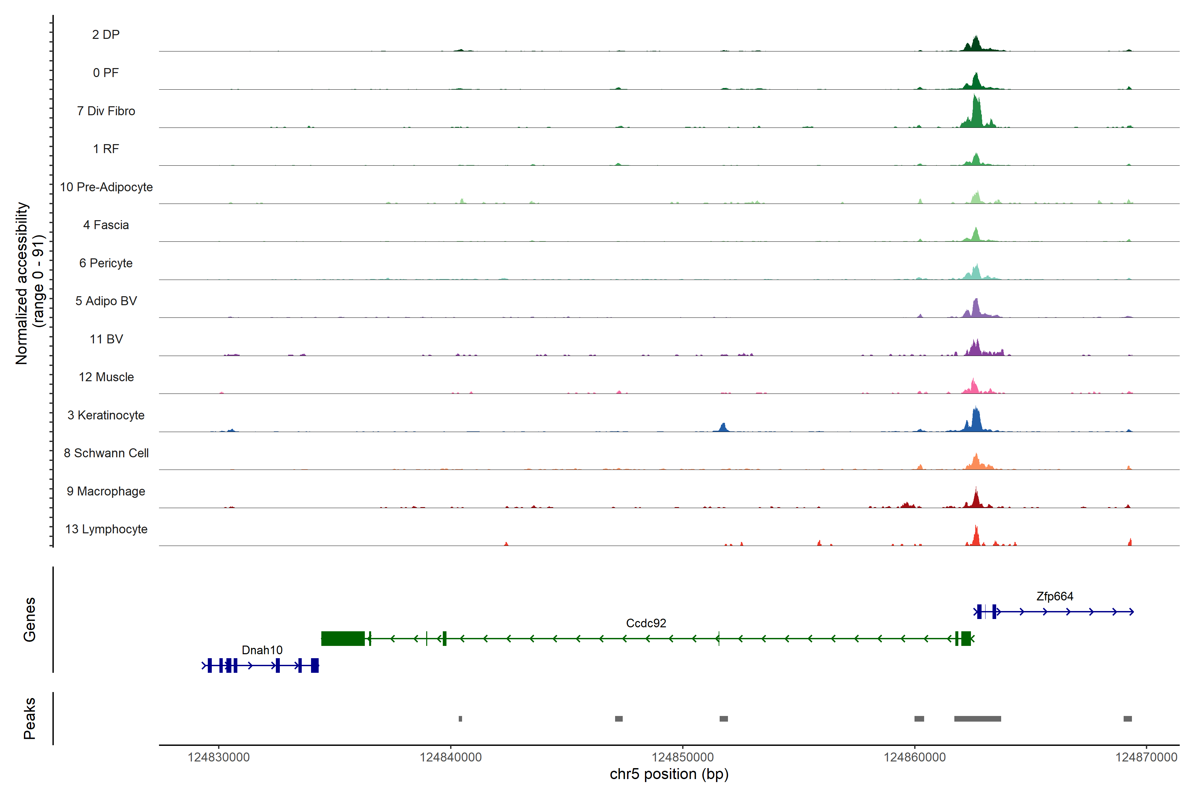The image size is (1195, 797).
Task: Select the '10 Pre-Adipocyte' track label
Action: point(106,187)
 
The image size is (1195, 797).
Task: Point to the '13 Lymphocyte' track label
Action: point(106,529)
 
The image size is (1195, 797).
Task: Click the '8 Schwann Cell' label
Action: point(106,453)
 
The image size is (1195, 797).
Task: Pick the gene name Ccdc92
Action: point(646,623)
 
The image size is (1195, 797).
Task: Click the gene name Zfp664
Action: point(1055,596)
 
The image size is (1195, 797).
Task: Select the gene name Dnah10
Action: point(262,650)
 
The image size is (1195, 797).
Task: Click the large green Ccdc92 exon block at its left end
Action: point(343,638)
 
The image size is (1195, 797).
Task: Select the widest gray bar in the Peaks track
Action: point(978,719)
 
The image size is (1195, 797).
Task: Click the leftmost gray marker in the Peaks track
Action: point(460,719)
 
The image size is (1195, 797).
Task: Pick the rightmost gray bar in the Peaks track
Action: point(1127,719)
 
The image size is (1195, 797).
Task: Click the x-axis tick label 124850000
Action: point(683,757)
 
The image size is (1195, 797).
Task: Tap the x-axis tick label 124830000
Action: point(219,757)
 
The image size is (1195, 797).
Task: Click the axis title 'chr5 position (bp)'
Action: point(669,774)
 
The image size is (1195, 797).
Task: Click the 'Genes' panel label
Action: point(30,620)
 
